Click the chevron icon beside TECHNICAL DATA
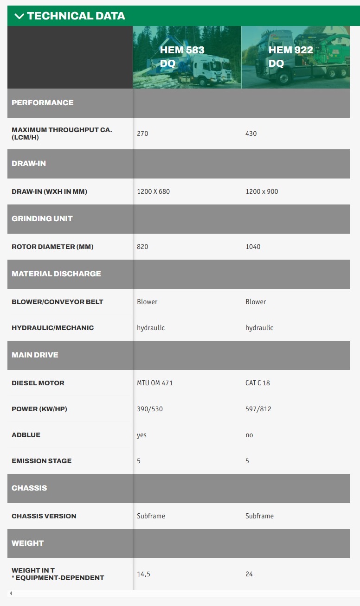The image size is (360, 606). click(x=19, y=16)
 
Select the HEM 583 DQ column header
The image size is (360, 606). click(x=182, y=57)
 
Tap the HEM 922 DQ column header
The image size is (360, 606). click(x=290, y=57)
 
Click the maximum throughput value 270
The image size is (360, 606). click(x=142, y=134)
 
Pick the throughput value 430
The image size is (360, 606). click(x=251, y=134)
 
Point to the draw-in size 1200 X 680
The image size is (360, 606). click(x=153, y=191)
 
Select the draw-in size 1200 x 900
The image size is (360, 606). click(x=262, y=191)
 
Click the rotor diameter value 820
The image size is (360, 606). click(x=142, y=247)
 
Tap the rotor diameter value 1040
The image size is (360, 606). click(x=253, y=247)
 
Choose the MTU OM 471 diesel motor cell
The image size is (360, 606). click(x=155, y=383)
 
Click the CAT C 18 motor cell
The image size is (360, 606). click(x=257, y=383)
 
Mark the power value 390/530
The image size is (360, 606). click(x=150, y=409)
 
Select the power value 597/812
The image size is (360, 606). click(x=258, y=409)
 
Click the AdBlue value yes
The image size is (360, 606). click(x=141, y=435)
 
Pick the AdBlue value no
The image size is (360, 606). click(x=249, y=435)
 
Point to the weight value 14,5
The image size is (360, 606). click(x=143, y=574)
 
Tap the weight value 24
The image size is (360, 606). click(x=249, y=574)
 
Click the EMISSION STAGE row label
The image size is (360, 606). click(x=42, y=461)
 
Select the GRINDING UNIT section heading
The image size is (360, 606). click(x=42, y=218)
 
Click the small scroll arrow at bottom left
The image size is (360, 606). click(x=11, y=593)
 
